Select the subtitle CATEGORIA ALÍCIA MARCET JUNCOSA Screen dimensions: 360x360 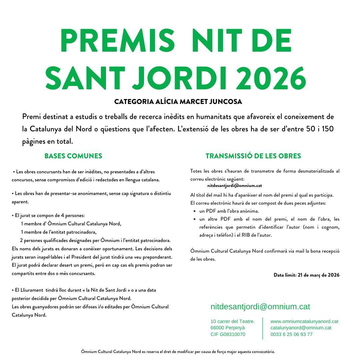coord(178,101)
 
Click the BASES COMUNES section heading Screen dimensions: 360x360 coord(73,156)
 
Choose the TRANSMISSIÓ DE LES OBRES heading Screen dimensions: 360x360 coord(253,156)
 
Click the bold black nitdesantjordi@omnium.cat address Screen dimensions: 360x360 coord(234,186)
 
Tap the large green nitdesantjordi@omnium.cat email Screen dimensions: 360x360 coord(260,307)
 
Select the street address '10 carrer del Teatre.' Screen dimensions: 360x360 coord(233,321)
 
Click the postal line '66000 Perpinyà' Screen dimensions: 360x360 coord(228,328)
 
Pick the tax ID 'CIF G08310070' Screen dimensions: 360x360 coord(228,334)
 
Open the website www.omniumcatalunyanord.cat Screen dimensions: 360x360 coord(304,321)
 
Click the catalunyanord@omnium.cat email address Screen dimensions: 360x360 coord(301,328)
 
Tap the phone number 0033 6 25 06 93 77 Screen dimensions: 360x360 coord(292,334)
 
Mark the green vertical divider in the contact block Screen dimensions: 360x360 coord(263,328)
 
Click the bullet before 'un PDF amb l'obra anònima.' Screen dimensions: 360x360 coord(194,211)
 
